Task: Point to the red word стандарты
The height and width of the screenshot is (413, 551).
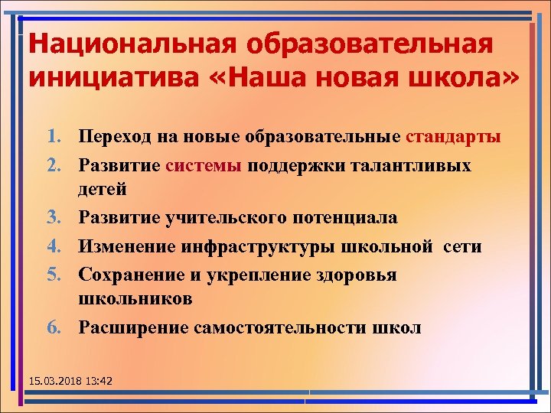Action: tap(454, 138)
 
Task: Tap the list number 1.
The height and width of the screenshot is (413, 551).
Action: tap(54, 138)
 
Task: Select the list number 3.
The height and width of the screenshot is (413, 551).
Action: tap(54, 218)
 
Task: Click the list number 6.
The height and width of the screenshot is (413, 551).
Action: tap(54, 327)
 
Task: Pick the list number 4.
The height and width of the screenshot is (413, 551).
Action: tap(54, 246)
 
